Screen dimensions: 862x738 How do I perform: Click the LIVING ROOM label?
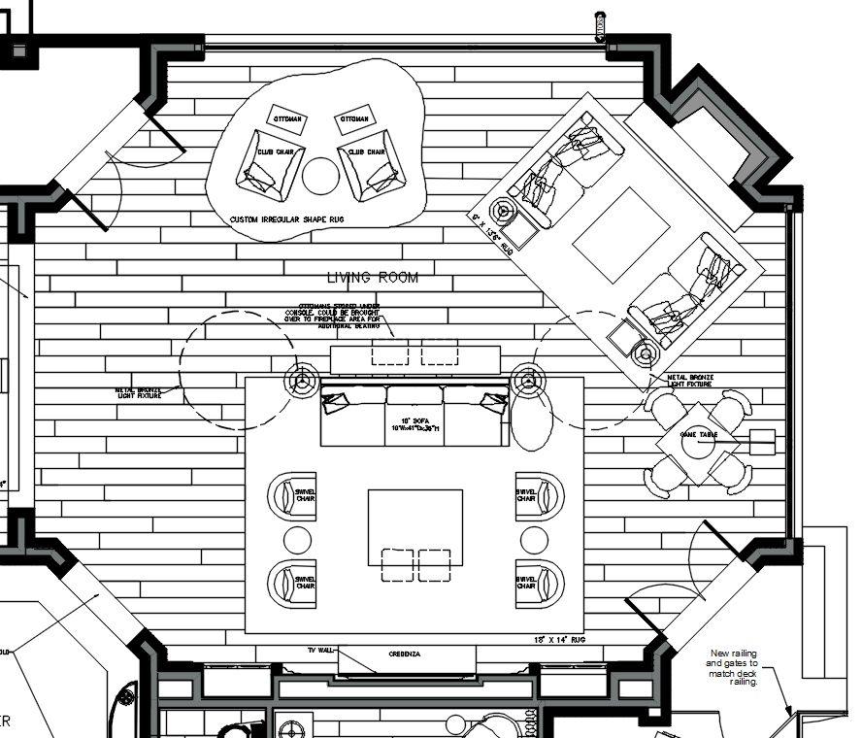[373, 278]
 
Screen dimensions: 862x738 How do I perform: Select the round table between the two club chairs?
[320, 176]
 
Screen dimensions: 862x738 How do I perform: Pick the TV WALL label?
[321, 650]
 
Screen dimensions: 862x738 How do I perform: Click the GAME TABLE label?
[699, 434]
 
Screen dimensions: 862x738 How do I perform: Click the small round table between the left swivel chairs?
[296, 540]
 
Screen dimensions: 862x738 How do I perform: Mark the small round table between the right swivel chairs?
[533, 540]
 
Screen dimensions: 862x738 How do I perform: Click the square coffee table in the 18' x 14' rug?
[414, 527]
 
